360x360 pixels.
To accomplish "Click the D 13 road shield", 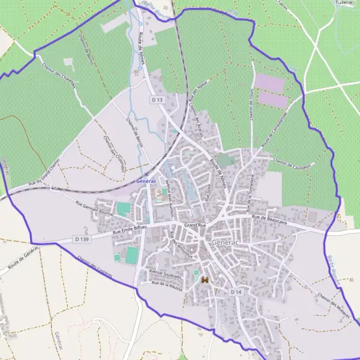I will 157,99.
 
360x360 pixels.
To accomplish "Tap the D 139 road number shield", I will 83,239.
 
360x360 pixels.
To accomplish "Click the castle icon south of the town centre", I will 205,280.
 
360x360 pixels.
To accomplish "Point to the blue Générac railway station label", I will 146,181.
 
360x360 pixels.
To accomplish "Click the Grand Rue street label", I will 195,225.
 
